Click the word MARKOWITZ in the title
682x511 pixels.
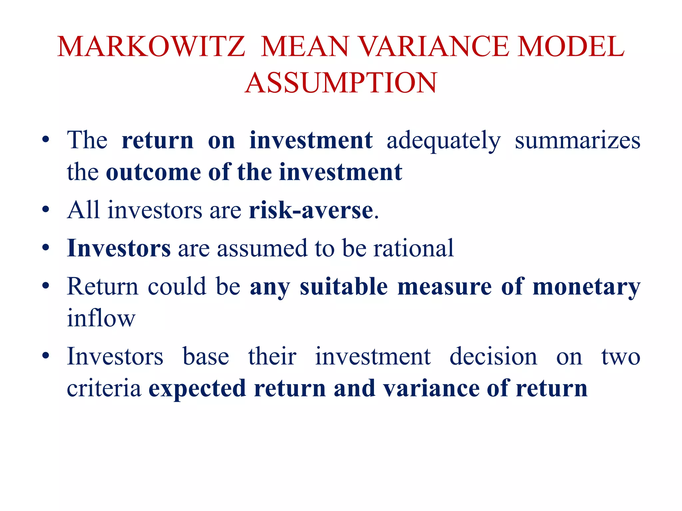[151, 47]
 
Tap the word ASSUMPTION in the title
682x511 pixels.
[341, 83]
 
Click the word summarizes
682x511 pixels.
[577, 140]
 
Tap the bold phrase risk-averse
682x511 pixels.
[311, 210]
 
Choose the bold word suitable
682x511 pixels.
[344, 286]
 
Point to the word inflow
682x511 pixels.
[101, 318]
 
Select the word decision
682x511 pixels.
[493, 356]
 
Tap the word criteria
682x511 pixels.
[104, 388]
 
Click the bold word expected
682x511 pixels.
[197, 389]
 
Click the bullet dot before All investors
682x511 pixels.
[46, 210]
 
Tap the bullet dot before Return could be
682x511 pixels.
[46, 286]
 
